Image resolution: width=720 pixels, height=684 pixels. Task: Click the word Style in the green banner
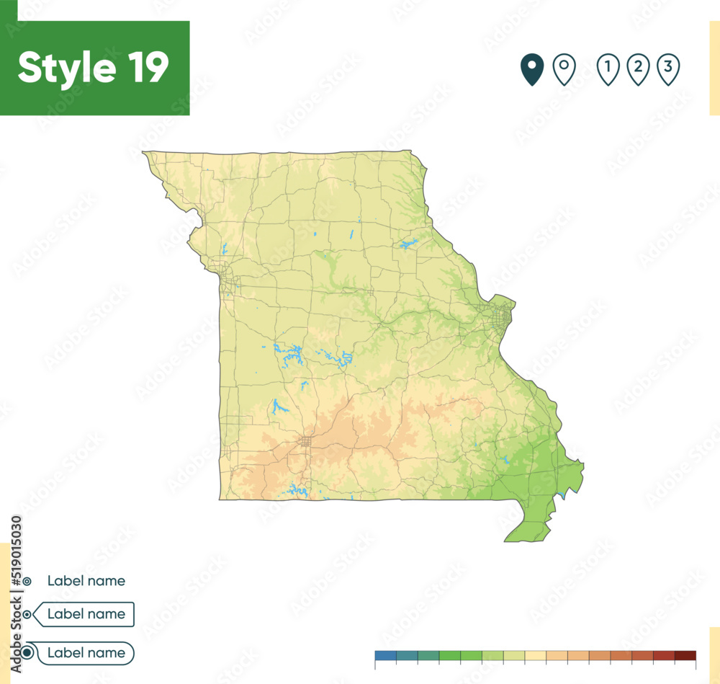(x=67, y=68)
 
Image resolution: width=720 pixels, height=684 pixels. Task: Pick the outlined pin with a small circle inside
(x=564, y=69)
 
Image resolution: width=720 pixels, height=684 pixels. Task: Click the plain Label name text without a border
(x=86, y=580)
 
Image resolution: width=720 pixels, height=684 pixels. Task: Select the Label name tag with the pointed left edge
(x=85, y=614)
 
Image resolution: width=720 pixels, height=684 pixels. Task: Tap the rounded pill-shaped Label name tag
(x=85, y=653)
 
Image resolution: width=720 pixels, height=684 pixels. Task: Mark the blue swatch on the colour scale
(x=385, y=655)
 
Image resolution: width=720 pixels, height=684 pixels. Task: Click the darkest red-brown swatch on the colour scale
(x=685, y=655)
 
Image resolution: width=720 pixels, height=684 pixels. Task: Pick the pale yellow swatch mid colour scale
(x=536, y=655)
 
